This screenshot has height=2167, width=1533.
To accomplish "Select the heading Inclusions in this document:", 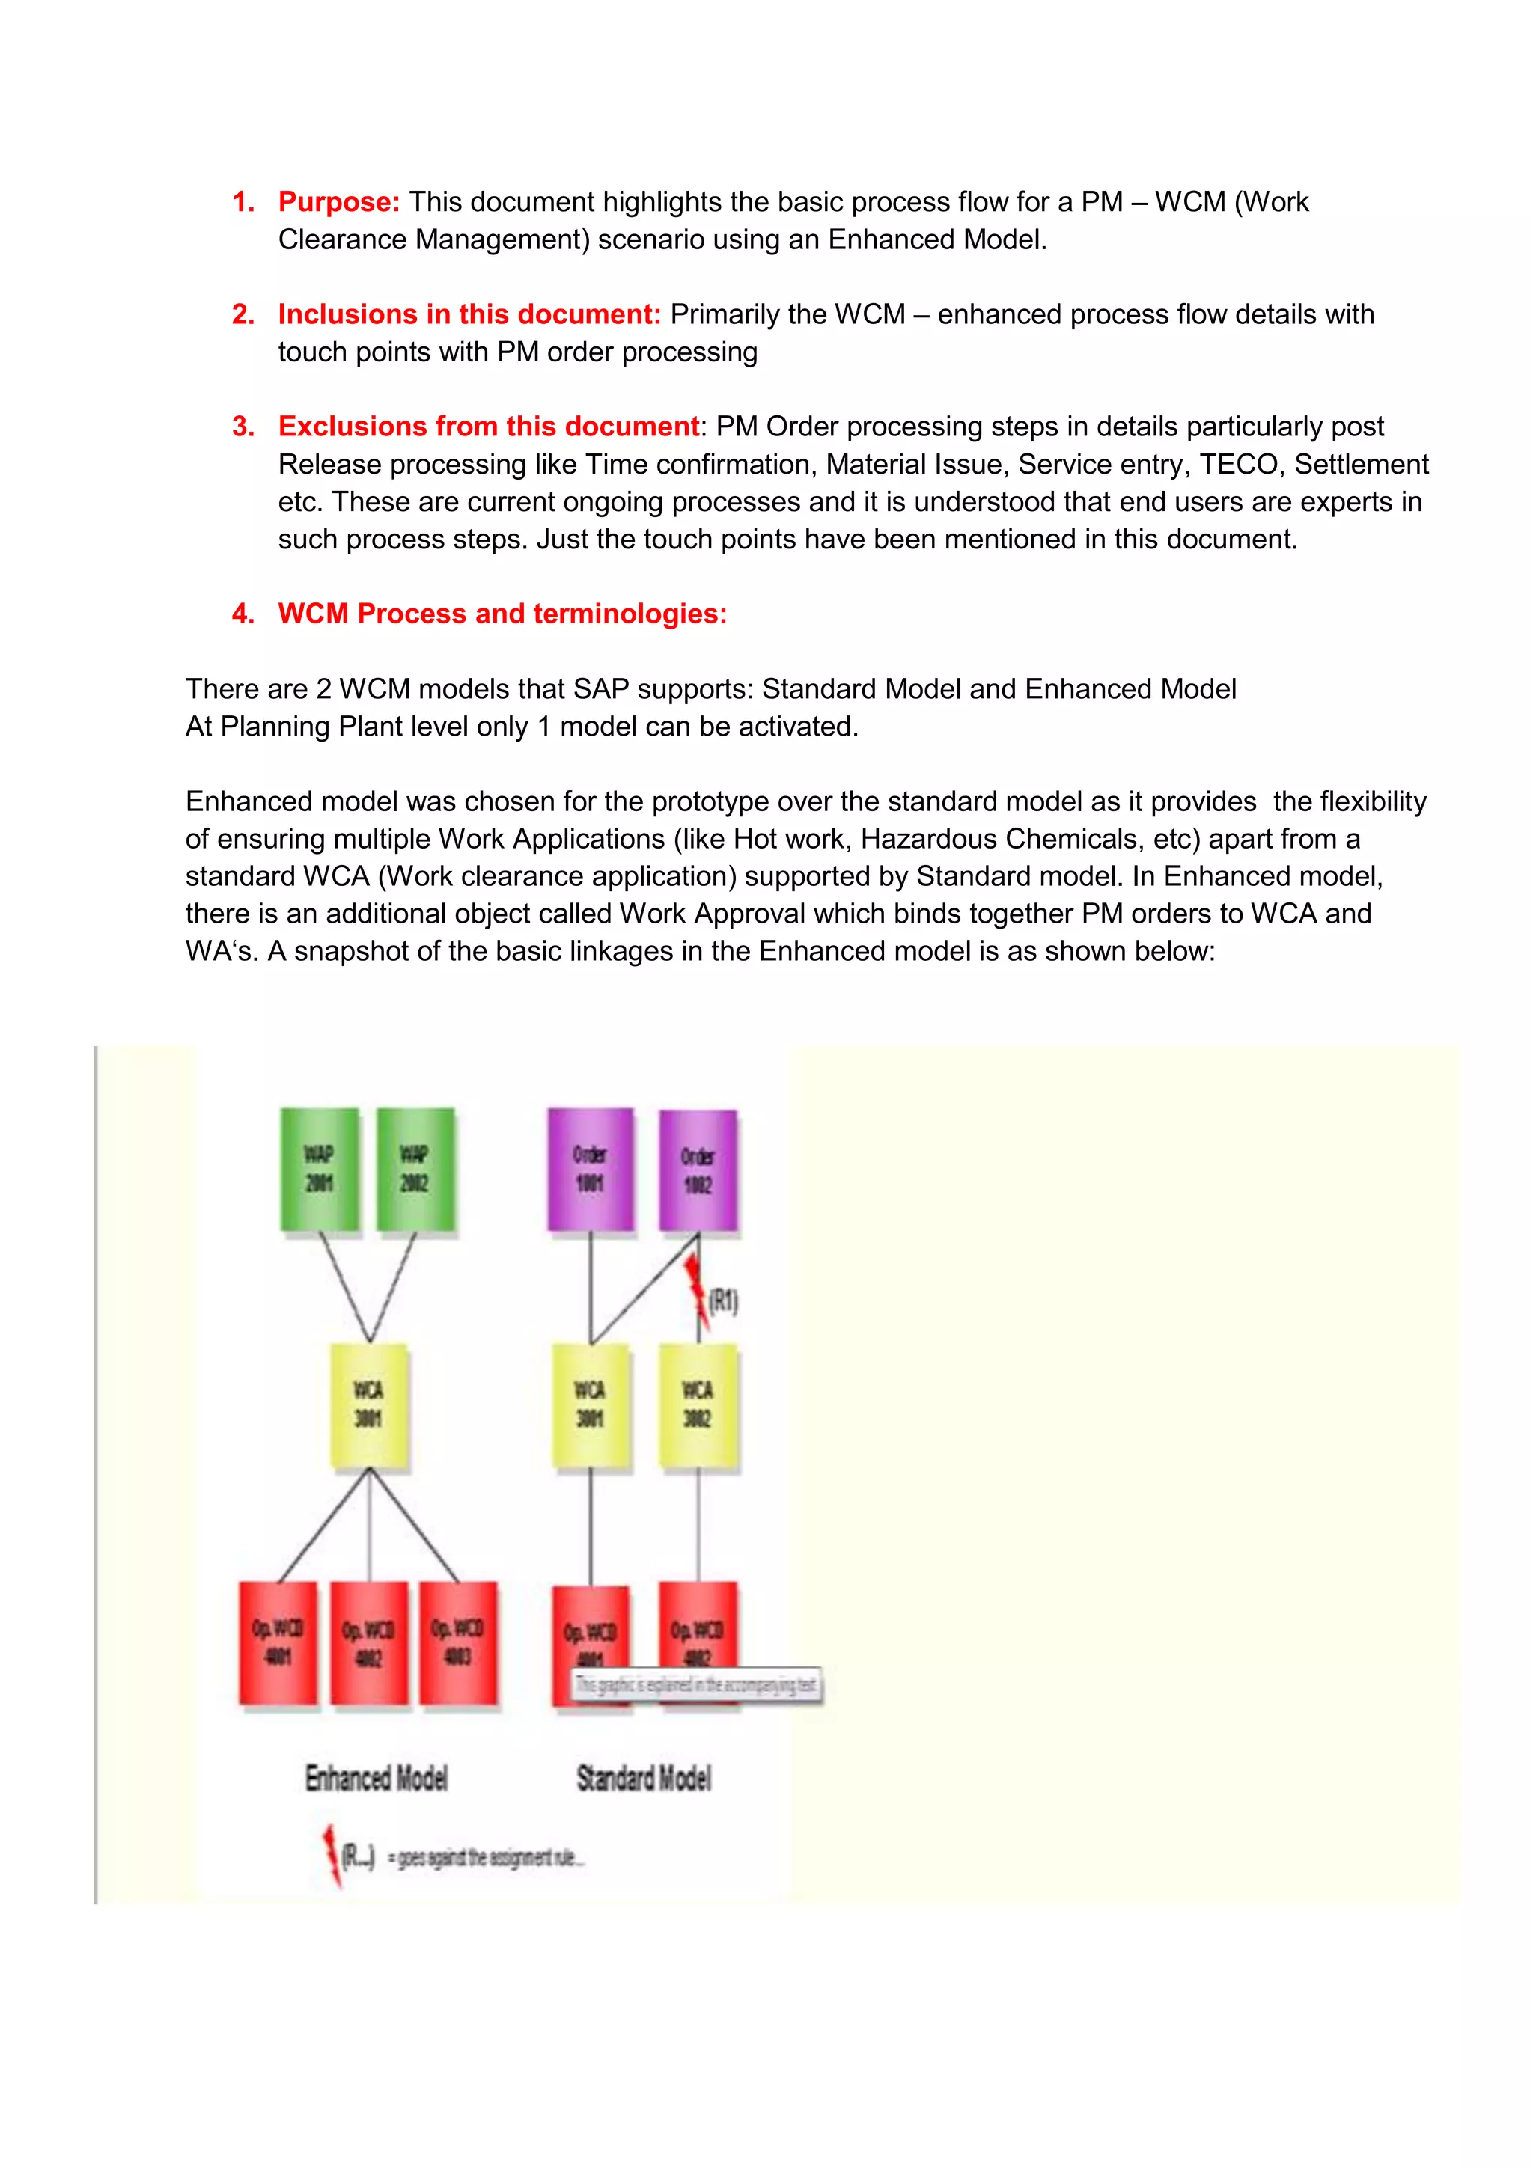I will pyautogui.click(x=469, y=314).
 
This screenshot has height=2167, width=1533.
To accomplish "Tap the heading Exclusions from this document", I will pyautogui.click(x=488, y=427).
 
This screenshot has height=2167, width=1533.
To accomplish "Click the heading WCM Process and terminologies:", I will pyautogui.click(x=502, y=614).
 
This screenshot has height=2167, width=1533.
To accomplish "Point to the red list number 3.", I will pyautogui.click(x=243, y=427).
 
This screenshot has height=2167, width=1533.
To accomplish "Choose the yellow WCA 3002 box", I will pyautogui.click(x=698, y=1406).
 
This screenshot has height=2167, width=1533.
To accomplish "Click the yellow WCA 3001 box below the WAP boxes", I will pyautogui.click(x=369, y=1406).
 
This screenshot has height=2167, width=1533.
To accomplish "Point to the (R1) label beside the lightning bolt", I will pyautogui.click(x=724, y=1303).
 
